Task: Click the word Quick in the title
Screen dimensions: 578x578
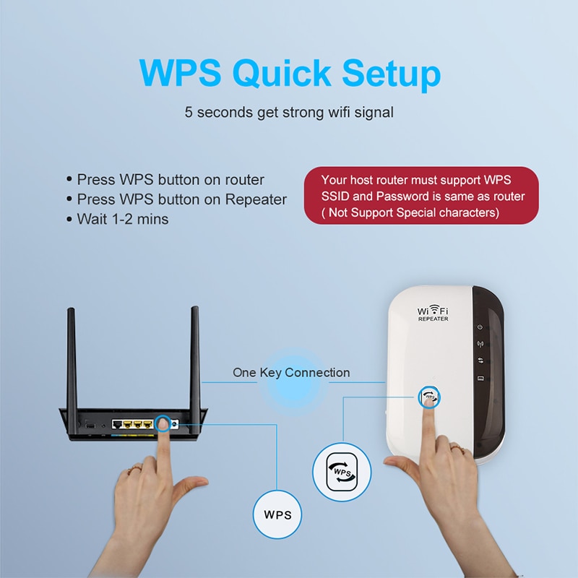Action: click(x=282, y=74)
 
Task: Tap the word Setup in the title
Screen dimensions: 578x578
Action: click(x=391, y=74)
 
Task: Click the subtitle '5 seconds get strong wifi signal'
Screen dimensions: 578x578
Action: click(x=289, y=113)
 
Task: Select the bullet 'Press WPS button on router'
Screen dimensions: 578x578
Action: click(x=165, y=180)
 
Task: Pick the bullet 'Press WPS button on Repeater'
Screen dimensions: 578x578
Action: click(x=176, y=199)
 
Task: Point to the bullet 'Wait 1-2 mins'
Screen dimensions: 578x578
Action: click(x=118, y=220)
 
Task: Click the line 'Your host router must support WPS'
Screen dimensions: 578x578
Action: click(x=416, y=180)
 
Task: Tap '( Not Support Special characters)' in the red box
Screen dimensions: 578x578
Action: click(x=410, y=212)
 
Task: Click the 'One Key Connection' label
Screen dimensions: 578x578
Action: click(x=291, y=373)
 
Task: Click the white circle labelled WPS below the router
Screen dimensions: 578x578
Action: click(x=277, y=514)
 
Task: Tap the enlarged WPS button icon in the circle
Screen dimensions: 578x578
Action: click(x=342, y=473)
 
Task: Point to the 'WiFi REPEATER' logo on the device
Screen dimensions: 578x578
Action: click(x=433, y=313)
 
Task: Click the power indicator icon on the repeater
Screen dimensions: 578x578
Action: click(x=480, y=327)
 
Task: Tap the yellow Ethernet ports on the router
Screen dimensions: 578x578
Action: click(x=138, y=425)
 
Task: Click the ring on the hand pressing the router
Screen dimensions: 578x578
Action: click(x=134, y=469)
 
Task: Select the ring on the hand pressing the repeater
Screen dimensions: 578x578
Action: click(x=457, y=448)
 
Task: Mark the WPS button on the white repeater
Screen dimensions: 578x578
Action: click(x=429, y=397)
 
